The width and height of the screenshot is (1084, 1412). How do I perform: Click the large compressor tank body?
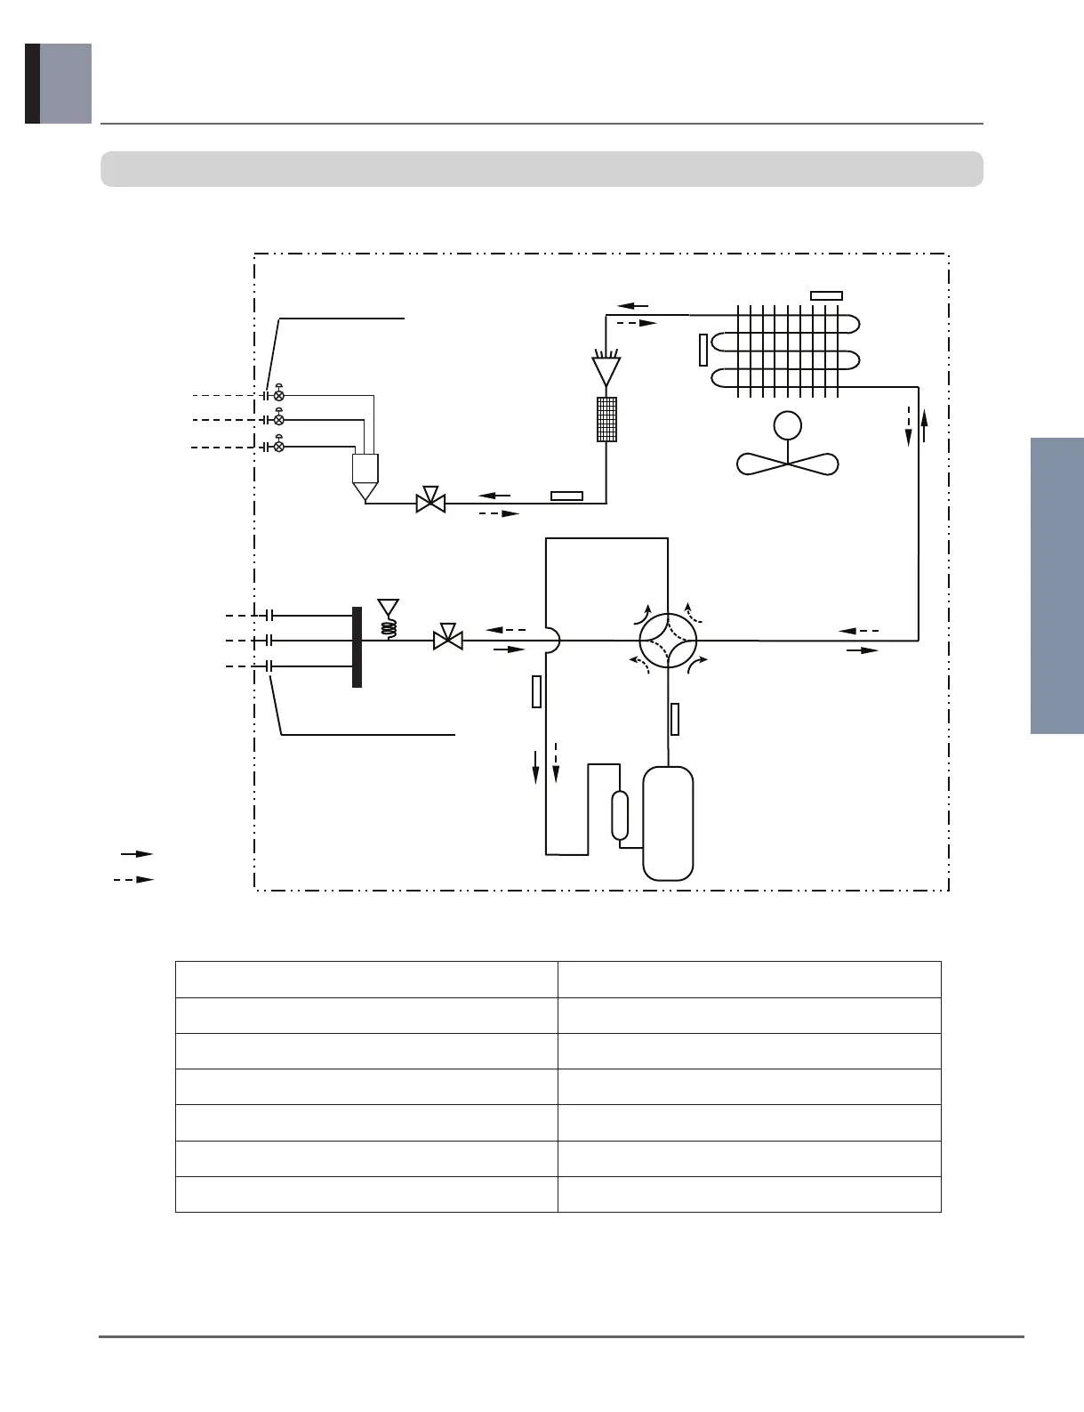668,823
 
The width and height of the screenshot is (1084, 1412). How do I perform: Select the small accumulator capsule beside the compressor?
620,814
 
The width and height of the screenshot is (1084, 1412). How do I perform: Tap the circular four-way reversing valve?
668,639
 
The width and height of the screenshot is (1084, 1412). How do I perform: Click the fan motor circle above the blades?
787,426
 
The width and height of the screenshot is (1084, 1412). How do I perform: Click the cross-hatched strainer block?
606,419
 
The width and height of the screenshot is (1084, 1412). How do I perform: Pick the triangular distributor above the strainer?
606,370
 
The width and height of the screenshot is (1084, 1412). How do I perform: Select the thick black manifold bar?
357,647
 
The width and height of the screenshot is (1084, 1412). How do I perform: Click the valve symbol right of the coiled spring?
447,639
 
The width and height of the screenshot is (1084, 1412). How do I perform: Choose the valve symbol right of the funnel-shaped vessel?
431,502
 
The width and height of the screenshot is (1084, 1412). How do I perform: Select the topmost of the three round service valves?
279,394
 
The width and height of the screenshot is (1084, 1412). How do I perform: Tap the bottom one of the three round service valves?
279,446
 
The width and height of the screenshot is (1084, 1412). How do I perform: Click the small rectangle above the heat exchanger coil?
827,295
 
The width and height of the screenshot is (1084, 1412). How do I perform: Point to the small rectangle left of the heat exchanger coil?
703,350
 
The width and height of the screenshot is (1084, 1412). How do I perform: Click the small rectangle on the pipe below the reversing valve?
675,719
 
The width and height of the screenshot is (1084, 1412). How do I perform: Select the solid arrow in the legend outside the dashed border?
137,854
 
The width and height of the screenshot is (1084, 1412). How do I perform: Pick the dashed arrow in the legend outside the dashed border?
133,880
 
